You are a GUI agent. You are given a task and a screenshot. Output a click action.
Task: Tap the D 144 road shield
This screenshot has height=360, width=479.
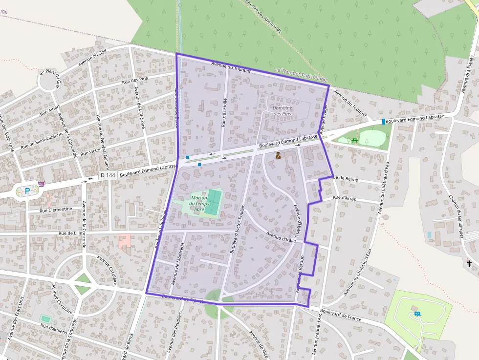coord(108,175)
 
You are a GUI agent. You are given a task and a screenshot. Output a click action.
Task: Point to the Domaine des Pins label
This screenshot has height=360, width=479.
coord(283,111)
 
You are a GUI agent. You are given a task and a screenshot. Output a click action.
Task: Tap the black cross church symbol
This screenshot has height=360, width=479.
coord(469,264)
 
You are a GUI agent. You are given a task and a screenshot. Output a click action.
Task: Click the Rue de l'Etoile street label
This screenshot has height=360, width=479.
coord(224,113)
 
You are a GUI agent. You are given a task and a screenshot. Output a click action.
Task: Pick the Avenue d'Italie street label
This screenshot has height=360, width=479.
coord(282,236)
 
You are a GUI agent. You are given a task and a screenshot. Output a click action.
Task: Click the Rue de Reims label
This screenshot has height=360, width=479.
coord(345,179)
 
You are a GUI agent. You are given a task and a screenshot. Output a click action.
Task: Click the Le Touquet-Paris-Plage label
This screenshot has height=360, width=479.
coord(301,75)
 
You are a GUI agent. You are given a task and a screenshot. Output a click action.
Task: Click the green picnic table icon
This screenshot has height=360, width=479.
coord(355,140)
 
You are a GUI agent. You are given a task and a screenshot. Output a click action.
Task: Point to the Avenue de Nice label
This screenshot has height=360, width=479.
coord(259,344)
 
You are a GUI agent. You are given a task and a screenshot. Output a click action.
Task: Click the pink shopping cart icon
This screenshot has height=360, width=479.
coord(42,184)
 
